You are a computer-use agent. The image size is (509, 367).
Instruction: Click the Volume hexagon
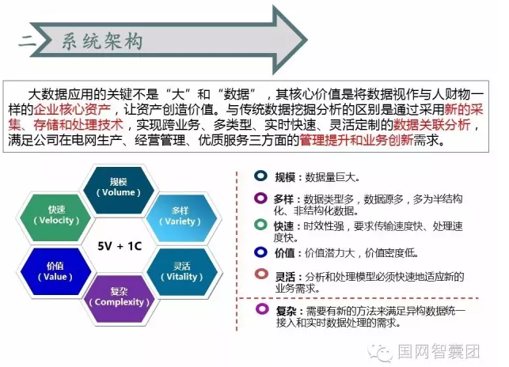tap(119, 191)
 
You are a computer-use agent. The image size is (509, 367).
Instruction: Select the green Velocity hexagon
tap(56, 218)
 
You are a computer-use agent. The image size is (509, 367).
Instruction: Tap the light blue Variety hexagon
tap(181, 218)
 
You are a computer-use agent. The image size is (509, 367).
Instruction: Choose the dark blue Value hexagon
tap(55, 271)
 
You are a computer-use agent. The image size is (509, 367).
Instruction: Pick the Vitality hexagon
tap(182, 272)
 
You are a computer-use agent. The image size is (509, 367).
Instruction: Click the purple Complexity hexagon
tap(119, 299)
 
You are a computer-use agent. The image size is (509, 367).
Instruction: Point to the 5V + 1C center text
tap(120, 246)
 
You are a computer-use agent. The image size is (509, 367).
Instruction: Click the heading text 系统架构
tap(102, 42)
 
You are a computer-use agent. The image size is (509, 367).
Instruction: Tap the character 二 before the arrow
tap(27, 41)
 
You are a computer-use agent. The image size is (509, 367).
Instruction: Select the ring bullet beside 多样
tap(260, 198)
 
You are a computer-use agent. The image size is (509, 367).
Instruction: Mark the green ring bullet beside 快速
tap(260, 225)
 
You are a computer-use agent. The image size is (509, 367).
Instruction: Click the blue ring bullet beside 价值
tap(260, 252)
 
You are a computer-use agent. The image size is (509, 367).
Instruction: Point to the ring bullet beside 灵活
tap(261, 274)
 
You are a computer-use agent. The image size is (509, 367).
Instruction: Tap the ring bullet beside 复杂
tap(262, 308)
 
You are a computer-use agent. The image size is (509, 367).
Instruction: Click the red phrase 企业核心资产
tap(72, 110)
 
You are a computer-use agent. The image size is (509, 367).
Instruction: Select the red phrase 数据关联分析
tap(431, 125)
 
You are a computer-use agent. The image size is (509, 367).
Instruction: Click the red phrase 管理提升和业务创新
tap(356, 140)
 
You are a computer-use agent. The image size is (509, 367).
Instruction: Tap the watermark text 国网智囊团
tap(439, 351)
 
